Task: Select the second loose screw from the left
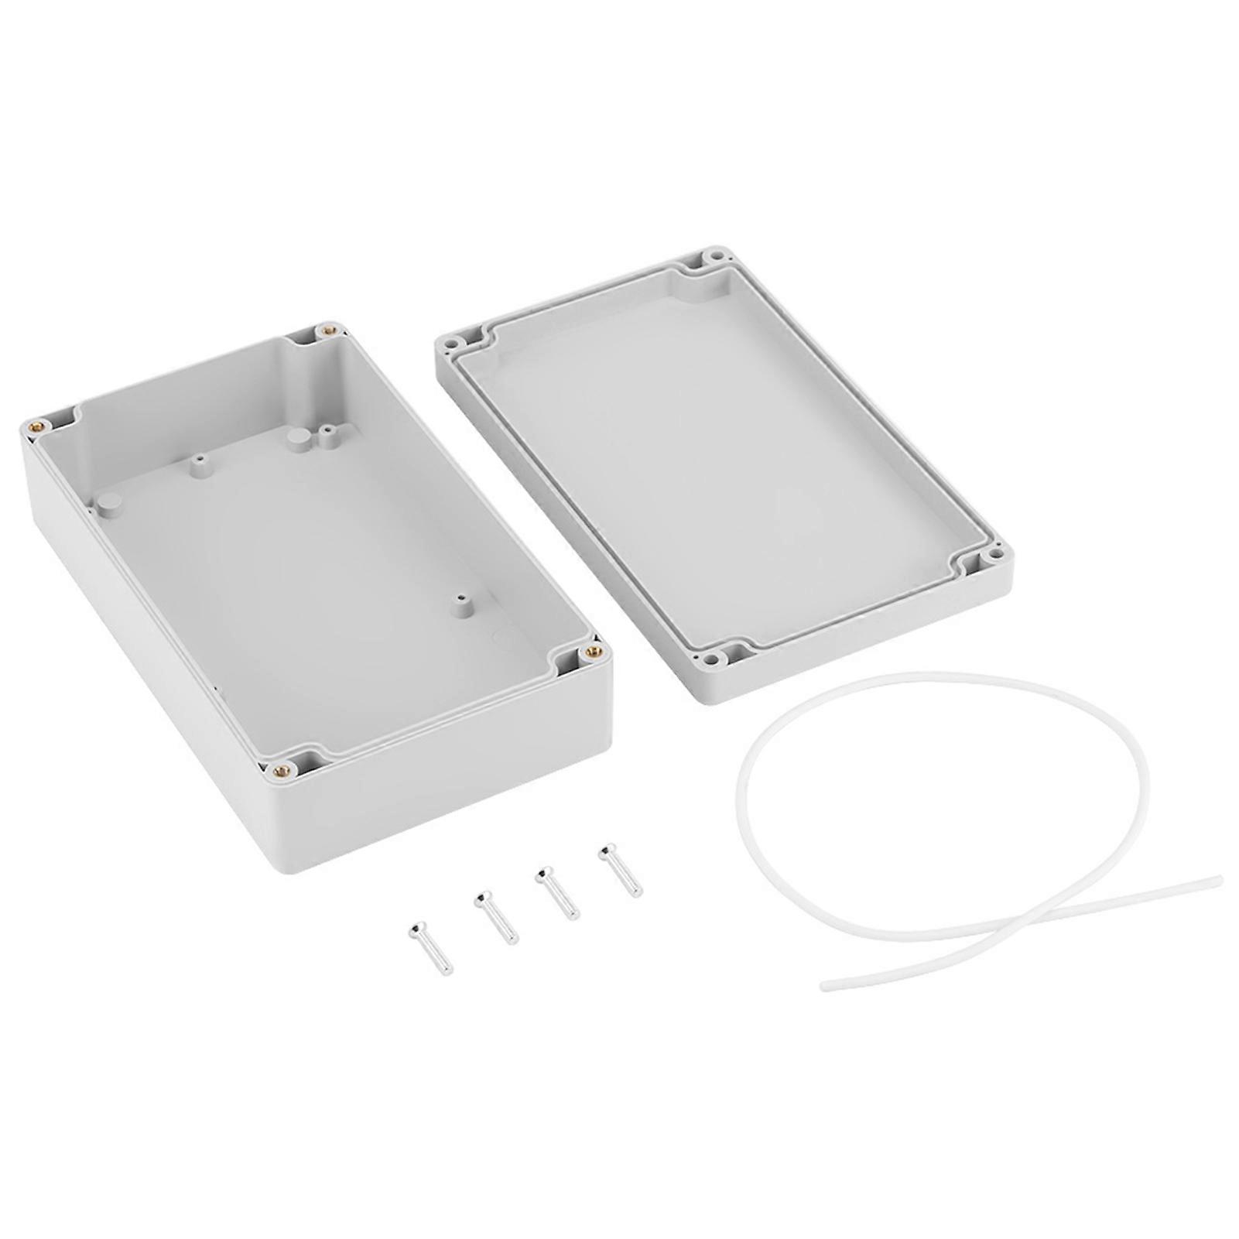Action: [496, 917]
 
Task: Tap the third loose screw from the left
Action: [558, 892]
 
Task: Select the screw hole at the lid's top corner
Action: [717, 255]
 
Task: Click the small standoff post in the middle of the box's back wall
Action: [198, 464]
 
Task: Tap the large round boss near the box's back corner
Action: [296, 438]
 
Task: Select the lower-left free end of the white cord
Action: [826, 986]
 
